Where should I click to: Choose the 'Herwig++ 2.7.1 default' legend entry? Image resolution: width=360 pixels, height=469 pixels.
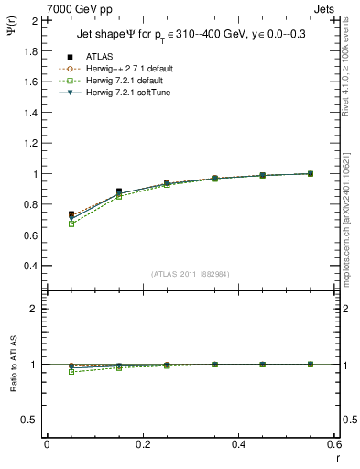[132, 69]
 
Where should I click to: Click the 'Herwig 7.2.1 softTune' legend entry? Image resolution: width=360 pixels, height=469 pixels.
[132, 93]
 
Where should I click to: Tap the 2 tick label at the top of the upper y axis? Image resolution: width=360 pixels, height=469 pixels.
[34, 20]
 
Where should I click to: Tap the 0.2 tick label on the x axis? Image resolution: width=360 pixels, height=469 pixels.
[142, 443]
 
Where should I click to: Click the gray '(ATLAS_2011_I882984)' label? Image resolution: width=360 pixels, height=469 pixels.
[191, 274]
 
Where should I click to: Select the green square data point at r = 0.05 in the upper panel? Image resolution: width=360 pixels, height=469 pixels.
[71, 224]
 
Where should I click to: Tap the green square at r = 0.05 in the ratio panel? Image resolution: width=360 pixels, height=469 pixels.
[71, 372]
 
